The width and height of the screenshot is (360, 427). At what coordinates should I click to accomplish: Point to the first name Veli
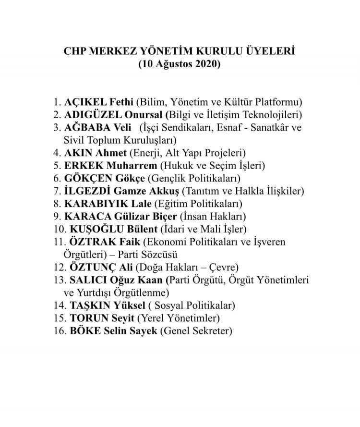[122, 128]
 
